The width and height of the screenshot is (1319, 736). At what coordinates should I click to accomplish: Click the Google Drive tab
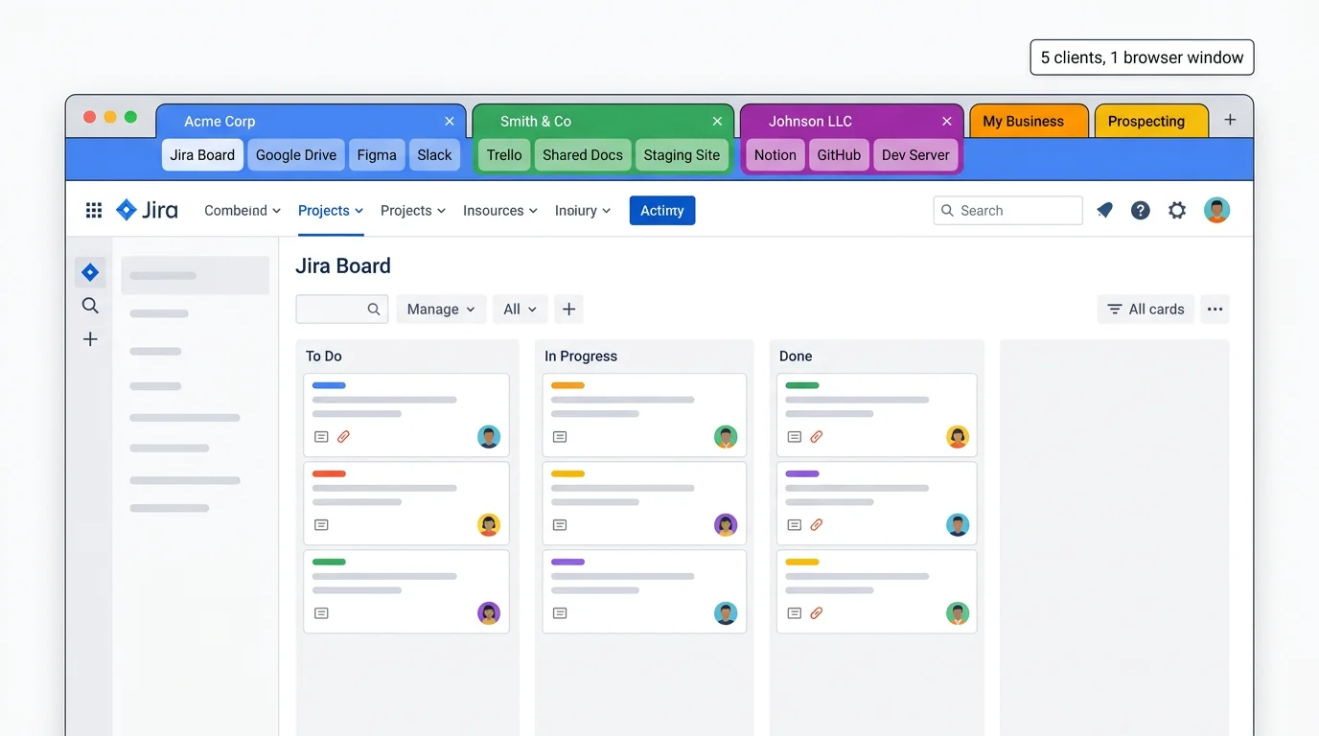tap(295, 155)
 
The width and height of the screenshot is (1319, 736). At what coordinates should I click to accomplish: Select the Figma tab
tap(377, 155)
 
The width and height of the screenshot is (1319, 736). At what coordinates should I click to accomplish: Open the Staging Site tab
tap(681, 155)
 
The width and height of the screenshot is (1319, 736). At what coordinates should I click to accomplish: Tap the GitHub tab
tap(839, 155)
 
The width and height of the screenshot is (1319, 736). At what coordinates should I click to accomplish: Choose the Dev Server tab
tap(915, 155)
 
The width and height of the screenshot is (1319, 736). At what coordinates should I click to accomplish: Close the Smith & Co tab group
tap(717, 122)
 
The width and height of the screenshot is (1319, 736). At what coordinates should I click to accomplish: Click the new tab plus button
tap(1230, 120)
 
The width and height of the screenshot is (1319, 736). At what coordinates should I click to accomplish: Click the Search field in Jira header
tap(1007, 211)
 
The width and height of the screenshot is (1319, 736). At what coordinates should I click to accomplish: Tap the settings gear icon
tap(1177, 211)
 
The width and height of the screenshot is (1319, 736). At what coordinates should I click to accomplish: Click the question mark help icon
tap(1140, 211)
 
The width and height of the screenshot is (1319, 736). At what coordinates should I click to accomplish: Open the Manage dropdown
tap(441, 310)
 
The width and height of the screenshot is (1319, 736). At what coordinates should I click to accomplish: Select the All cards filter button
tap(1145, 310)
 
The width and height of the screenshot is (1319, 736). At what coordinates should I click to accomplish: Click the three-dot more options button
tap(1215, 310)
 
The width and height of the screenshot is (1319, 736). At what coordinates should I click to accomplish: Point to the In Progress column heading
tap(581, 356)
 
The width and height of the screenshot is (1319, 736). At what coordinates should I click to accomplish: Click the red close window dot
tap(89, 117)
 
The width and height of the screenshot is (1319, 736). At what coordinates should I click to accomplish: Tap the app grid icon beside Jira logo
tap(94, 211)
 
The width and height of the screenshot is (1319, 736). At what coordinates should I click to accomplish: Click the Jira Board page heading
tap(343, 266)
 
